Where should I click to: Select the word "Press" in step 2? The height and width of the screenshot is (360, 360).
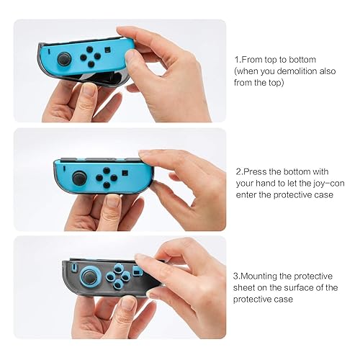click(x=256, y=172)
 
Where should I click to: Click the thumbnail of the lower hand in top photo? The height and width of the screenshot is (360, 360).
click(x=89, y=90)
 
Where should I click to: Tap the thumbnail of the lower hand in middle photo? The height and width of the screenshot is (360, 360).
click(x=112, y=201)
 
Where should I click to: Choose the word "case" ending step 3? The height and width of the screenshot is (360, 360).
click(x=284, y=299)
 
